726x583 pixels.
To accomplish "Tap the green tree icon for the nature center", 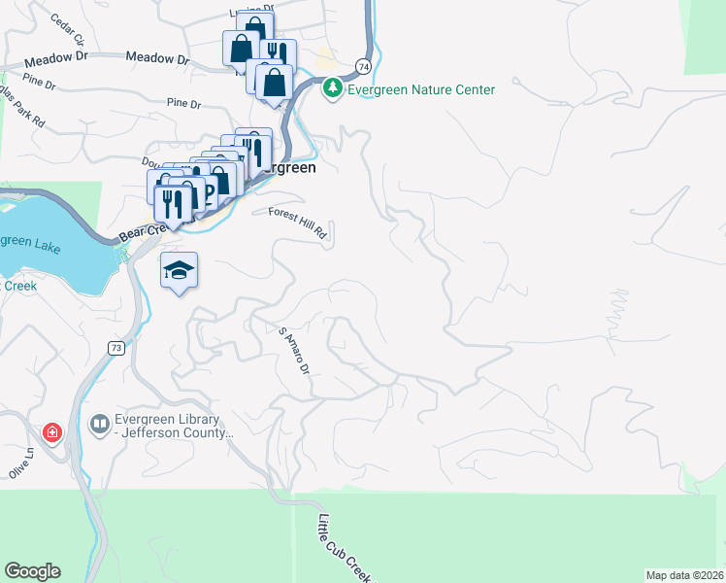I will [333, 88].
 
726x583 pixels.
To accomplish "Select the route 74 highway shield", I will [362, 66].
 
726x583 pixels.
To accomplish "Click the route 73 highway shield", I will [116, 348].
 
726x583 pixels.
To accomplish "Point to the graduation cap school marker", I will [179, 270].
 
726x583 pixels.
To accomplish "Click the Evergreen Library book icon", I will [99, 424].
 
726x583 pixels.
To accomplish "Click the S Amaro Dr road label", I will [294, 351].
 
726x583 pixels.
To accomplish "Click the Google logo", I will [32, 571].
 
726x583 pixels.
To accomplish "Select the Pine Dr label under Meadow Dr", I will [182, 102].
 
